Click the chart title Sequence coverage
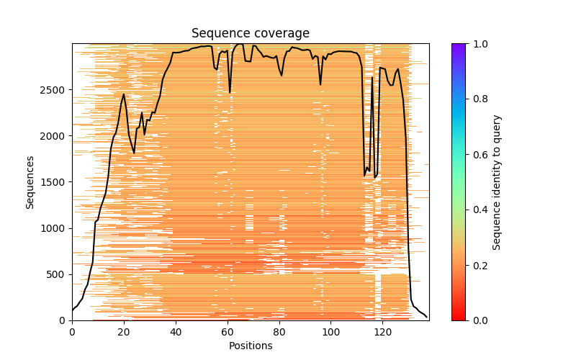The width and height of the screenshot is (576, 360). coord(250,34)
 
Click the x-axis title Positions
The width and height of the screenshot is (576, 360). coord(250,346)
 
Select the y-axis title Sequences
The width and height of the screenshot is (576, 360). coord(30,181)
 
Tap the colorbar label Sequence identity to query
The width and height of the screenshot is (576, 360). coord(497,181)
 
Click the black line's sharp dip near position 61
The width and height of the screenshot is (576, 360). coord(230,92)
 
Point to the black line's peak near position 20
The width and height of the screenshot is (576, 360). coord(124,94)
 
